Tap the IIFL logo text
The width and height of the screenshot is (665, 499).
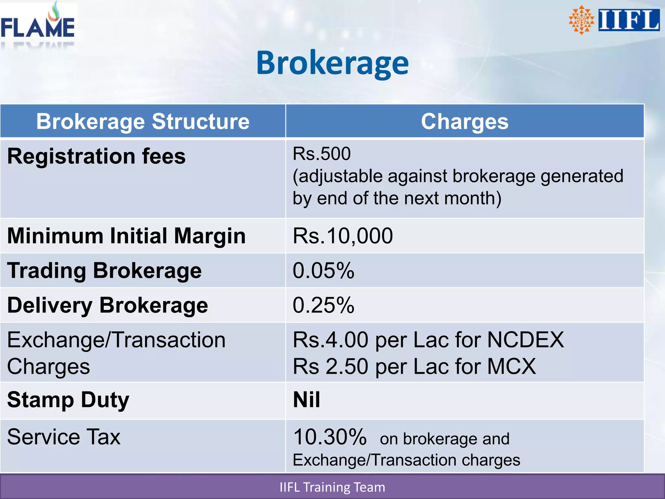click(629, 20)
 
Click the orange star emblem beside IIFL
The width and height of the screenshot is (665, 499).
click(581, 20)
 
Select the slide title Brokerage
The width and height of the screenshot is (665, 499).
click(332, 63)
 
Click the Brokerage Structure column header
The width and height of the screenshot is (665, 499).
click(143, 122)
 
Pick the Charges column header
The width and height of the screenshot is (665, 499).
click(465, 122)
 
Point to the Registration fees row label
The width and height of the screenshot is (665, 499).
click(96, 157)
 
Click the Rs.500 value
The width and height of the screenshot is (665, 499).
click(322, 154)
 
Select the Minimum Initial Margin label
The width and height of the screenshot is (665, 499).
click(126, 236)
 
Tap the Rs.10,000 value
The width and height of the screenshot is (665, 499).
click(343, 236)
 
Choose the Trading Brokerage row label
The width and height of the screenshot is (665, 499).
click(104, 271)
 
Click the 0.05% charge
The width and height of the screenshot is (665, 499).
click(323, 271)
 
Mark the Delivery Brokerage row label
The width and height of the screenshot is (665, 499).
click(107, 305)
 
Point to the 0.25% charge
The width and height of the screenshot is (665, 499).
click(323, 305)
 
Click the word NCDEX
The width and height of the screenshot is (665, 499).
click(526, 340)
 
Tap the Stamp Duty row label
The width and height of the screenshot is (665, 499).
click(68, 400)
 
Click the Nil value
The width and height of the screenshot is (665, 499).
click(307, 400)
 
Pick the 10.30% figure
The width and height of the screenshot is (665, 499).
click(330, 437)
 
